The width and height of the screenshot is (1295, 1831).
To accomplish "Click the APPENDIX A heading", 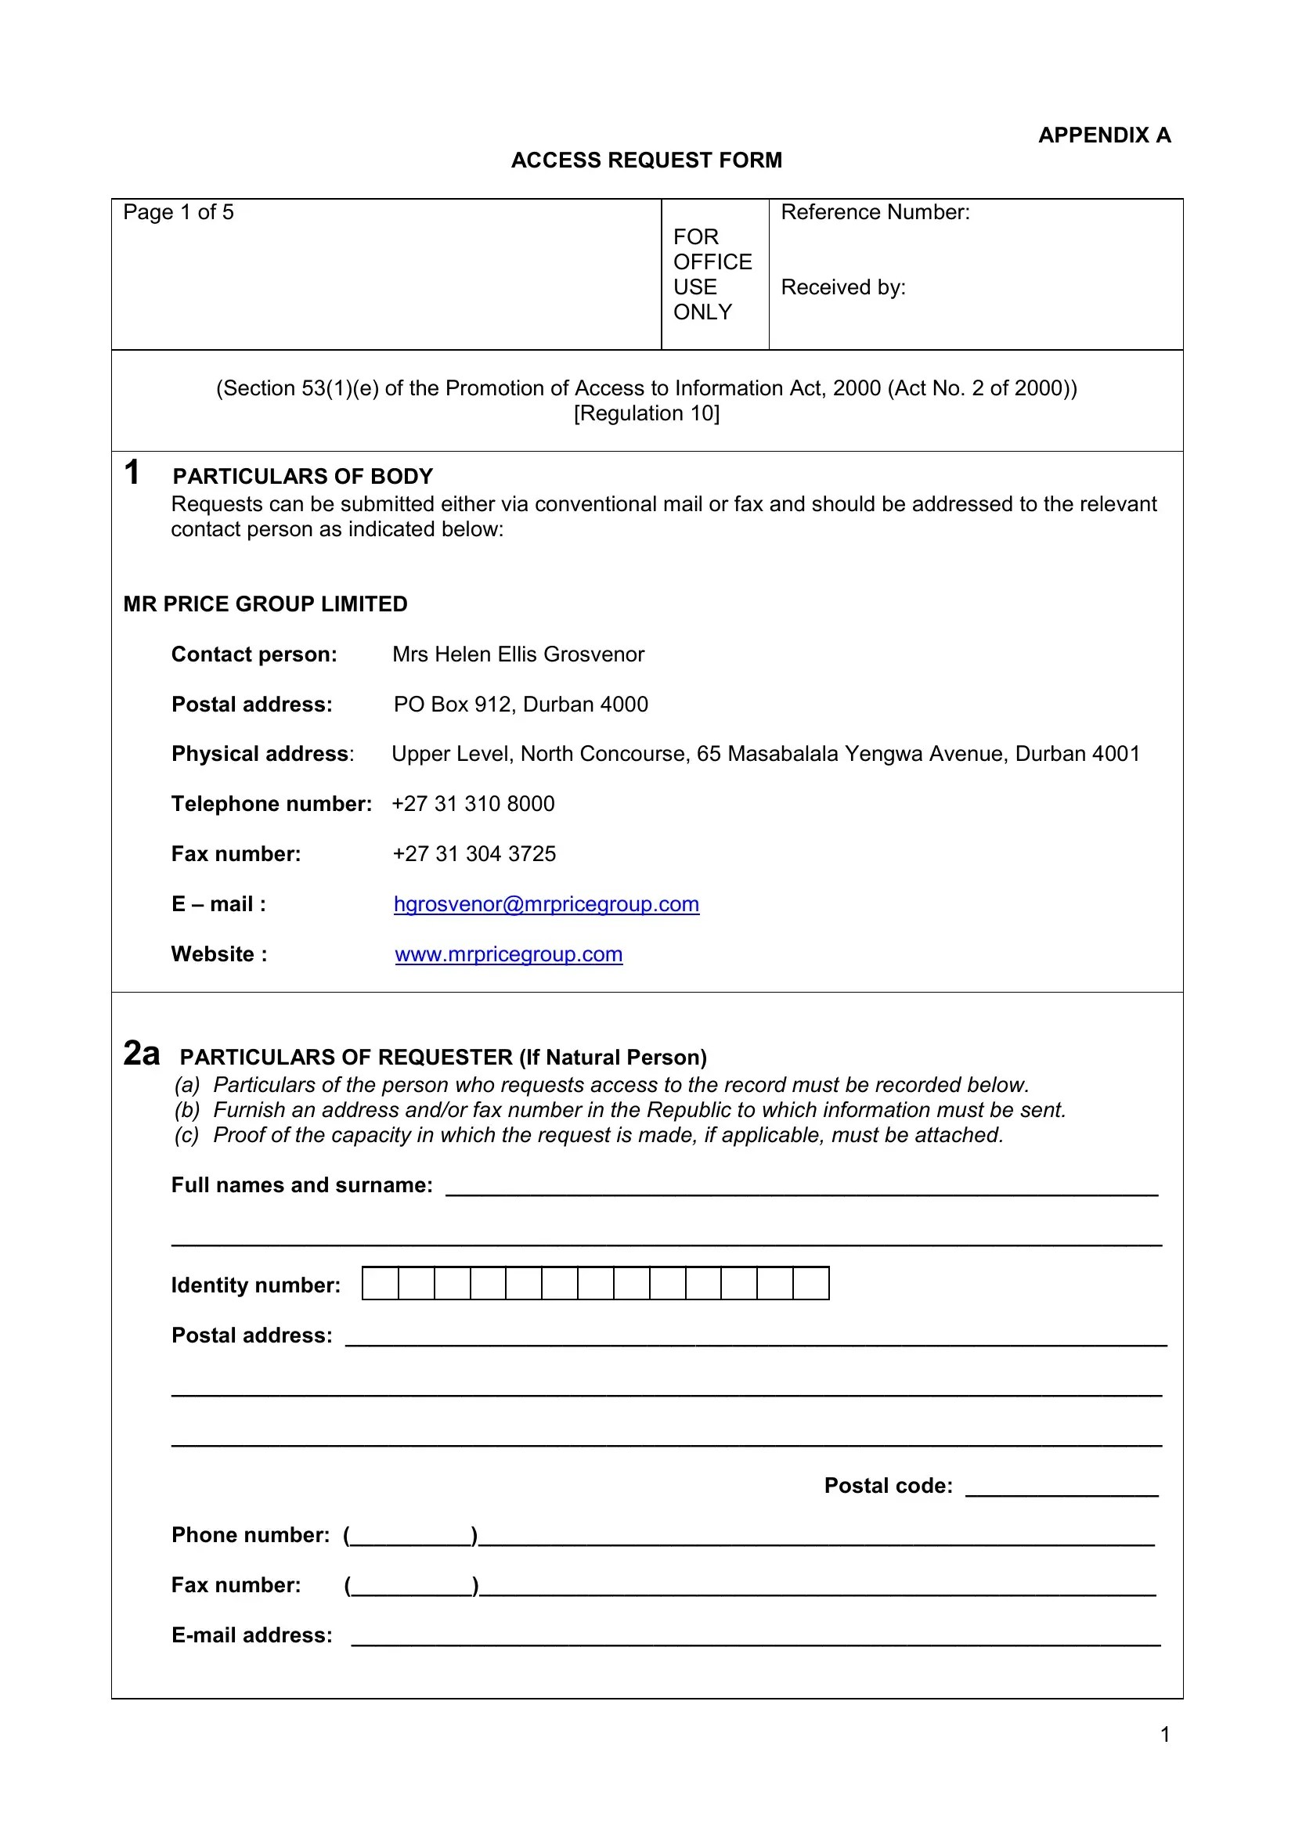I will pyautogui.click(x=1104, y=135).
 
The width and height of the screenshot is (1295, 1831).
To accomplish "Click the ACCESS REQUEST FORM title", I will pyautogui.click(x=646, y=160).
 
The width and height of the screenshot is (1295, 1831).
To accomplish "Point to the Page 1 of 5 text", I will pyautogui.click(x=178, y=212).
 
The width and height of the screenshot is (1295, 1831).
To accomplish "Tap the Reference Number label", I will pyautogui.click(x=875, y=212).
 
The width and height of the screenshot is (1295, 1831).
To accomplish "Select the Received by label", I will pyautogui.click(x=843, y=287).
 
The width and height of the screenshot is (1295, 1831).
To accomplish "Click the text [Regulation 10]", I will pyautogui.click(x=646, y=413).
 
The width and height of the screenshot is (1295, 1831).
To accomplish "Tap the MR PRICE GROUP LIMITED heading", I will pyautogui.click(x=265, y=604).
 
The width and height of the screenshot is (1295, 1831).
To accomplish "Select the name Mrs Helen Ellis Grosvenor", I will pyautogui.click(x=518, y=654).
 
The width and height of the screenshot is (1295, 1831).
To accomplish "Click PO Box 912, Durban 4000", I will pyautogui.click(x=521, y=705).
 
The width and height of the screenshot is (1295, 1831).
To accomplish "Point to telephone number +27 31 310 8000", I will pyautogui.click(x=473, y=804).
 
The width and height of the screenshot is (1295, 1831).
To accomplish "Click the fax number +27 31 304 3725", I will pyautogui.click(x=474, y=854).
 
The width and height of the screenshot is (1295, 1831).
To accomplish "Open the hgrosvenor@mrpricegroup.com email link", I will pyautogui.click(x=546, y=904).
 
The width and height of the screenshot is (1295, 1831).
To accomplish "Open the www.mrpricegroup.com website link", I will pyautogui.click(x=509, y=954).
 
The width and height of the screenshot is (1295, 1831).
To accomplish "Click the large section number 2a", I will pyautogui.click(x=141, y=1053).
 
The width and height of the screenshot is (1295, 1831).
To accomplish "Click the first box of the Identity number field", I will pyautogui.click(x=381, y=1283).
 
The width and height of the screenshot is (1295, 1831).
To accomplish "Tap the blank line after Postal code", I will pyautogui.click(x=1061, y=1488).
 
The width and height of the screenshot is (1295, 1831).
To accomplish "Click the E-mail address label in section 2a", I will pyautogui.click(x=251, y=1635).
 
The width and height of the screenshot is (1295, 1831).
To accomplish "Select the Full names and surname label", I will pyautogui.click(x=301, y=1185).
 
